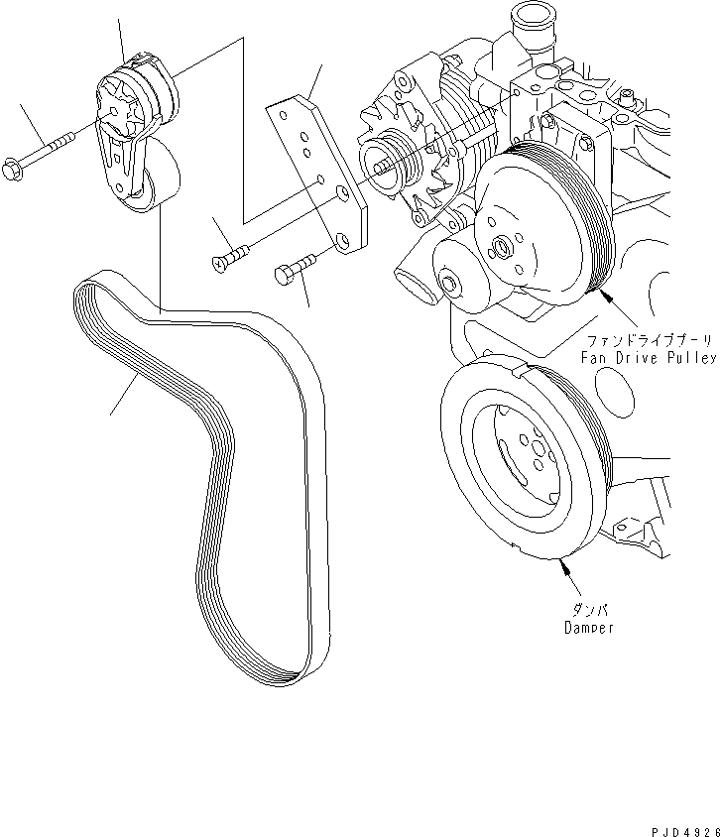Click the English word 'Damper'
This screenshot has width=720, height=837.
pos(589,628)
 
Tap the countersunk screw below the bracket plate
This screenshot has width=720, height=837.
pos(227,259)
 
